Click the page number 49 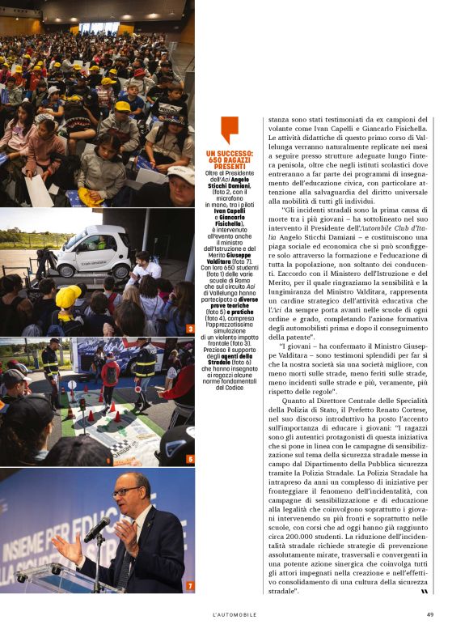[430, 614]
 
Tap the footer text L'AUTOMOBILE [234, 614]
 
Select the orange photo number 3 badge [189, 329]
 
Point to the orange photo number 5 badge [189, 459]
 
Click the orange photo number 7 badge [189, 585]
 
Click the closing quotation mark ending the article [424, 592]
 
